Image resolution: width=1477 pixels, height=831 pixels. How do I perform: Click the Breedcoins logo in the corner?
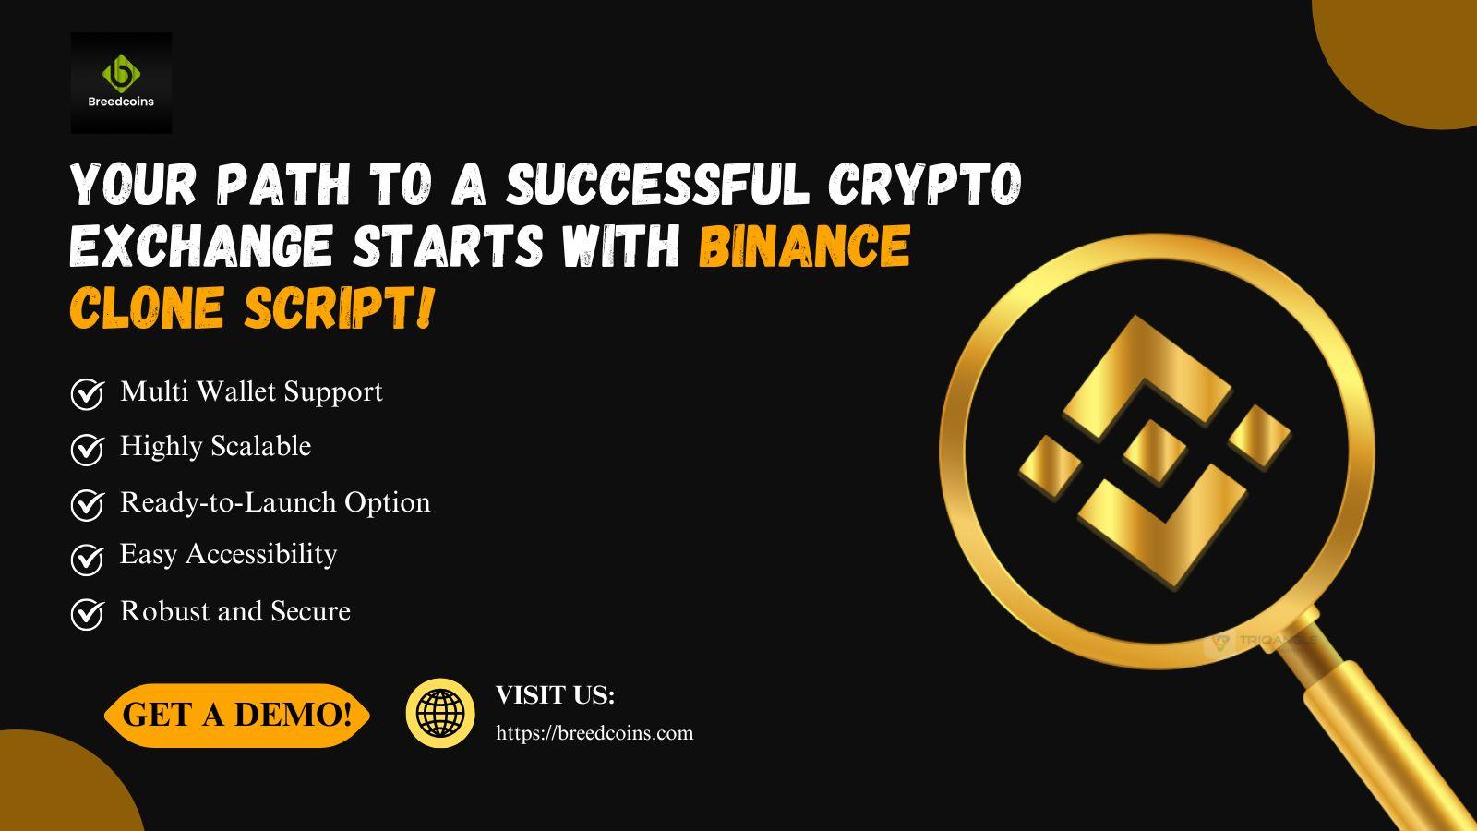[121, 83]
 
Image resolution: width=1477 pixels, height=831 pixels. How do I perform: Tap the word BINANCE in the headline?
[805, 246]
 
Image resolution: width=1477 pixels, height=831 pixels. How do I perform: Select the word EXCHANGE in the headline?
[200, 246]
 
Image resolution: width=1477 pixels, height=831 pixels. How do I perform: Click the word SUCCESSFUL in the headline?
[657, 184]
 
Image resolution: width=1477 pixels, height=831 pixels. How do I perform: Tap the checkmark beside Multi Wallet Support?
[87, 393]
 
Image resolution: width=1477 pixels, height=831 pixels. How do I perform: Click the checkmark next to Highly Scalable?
[87, 449]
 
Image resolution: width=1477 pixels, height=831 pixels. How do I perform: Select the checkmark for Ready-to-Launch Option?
[87, 504]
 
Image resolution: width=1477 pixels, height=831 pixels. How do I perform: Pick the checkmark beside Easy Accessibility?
[87, 560]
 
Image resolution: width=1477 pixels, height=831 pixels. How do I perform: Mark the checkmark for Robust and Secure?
[87, 615]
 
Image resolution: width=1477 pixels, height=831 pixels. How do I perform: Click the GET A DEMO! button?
[236, 715]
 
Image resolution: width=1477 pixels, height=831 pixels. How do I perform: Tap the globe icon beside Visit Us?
[439, 713]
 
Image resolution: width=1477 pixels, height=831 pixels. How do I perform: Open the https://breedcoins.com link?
[594, 733]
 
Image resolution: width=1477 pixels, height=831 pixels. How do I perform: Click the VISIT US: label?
[555, 695]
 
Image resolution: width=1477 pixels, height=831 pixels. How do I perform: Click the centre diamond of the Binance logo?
[1155, 452]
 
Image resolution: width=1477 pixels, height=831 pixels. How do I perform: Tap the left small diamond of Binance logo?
[1051, 466]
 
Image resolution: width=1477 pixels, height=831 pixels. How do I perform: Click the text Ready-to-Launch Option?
[275, 502]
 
